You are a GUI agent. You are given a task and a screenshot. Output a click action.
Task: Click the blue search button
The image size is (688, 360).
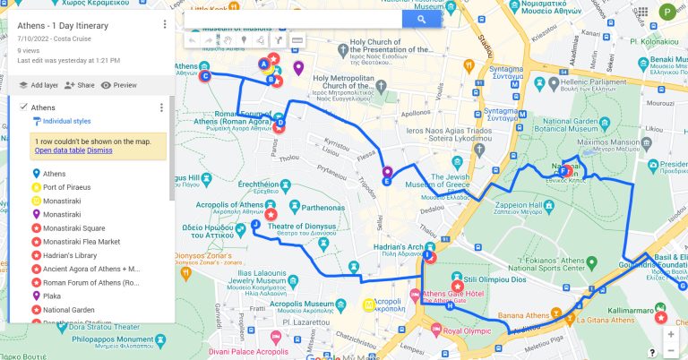click(x=420, y=20)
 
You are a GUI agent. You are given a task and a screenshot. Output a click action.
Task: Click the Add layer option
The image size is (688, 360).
click(x=38, y=85)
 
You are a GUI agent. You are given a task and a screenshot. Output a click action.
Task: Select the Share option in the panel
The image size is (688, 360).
click(x=80, y=85)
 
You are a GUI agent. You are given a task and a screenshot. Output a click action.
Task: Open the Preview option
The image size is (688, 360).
click(x=118, y=85)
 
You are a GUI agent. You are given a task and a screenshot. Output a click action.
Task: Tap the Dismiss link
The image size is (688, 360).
click(x=99, y=150)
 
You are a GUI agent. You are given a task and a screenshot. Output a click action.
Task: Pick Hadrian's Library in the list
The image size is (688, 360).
click(x=69, y=255)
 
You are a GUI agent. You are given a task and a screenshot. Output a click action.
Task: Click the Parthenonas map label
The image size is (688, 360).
click(x=315, y=207)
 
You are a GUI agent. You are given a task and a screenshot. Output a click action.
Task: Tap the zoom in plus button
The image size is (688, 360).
click(x=671, y=333)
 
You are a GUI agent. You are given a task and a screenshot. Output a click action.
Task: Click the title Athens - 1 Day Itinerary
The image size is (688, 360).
click(x=63, y=25)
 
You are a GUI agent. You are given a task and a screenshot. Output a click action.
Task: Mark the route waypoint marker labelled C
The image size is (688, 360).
click(x=206, y=76)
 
